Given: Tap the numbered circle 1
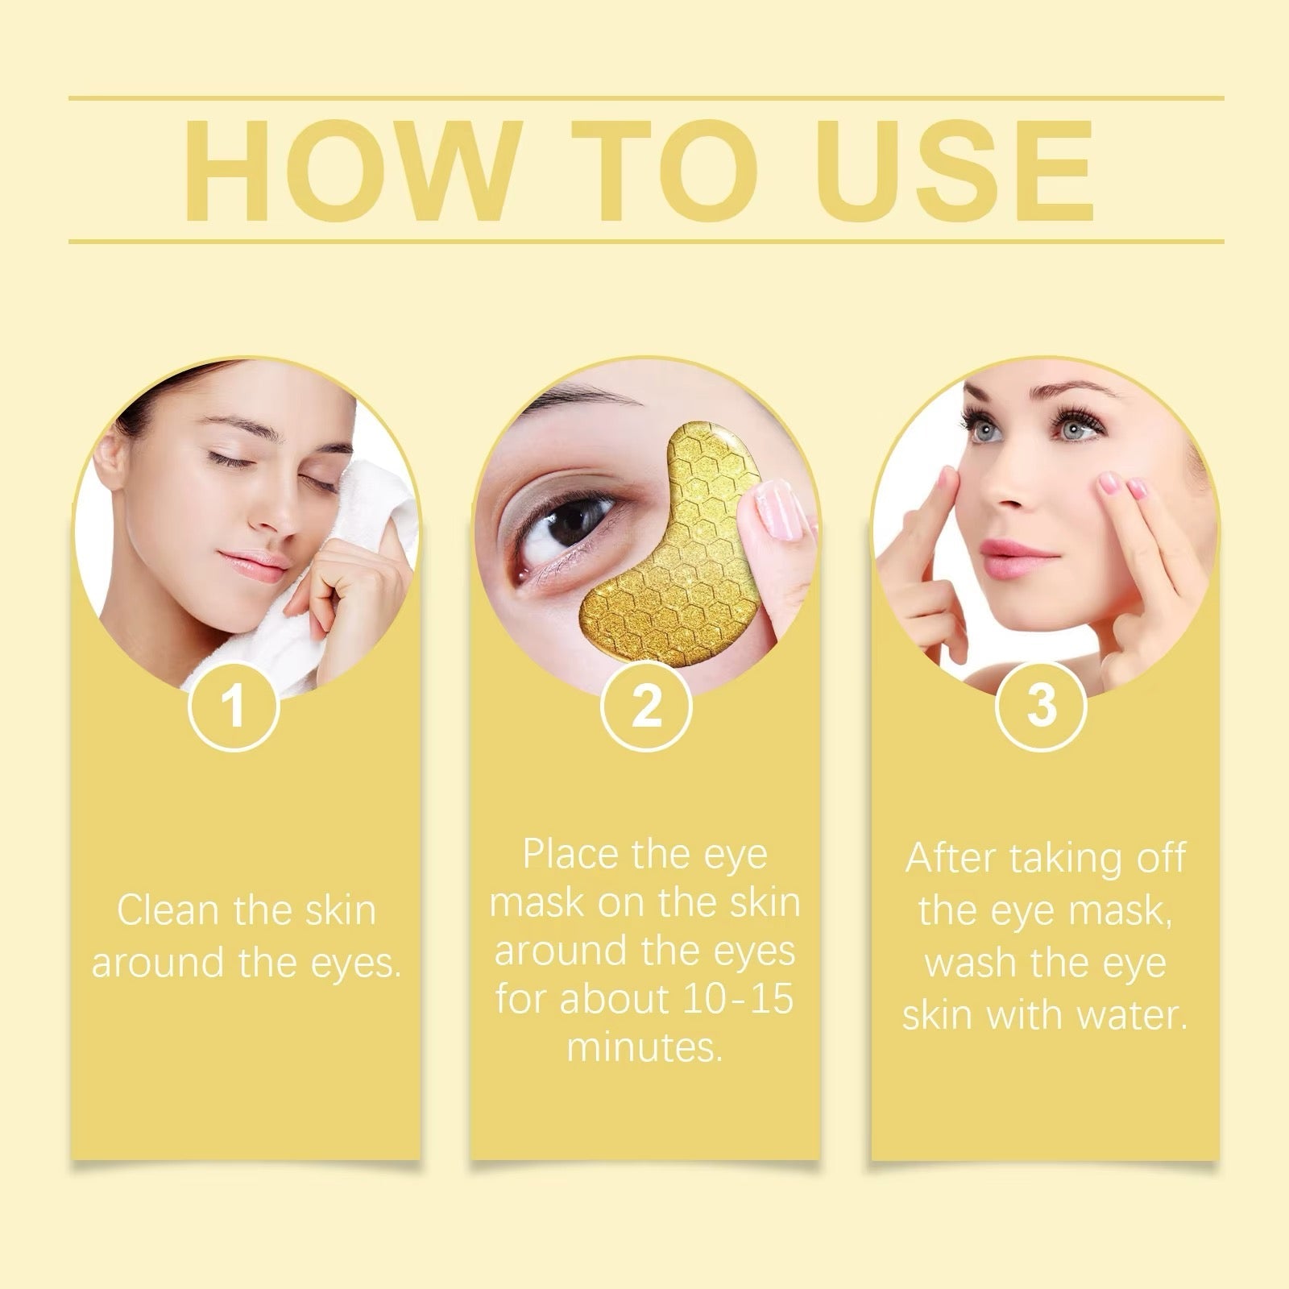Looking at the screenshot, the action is point(234,706).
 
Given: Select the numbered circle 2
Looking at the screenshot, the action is point(646,706).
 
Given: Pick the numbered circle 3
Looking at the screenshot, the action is point(1042,706).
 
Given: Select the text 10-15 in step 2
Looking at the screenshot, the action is point(736,1000).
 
